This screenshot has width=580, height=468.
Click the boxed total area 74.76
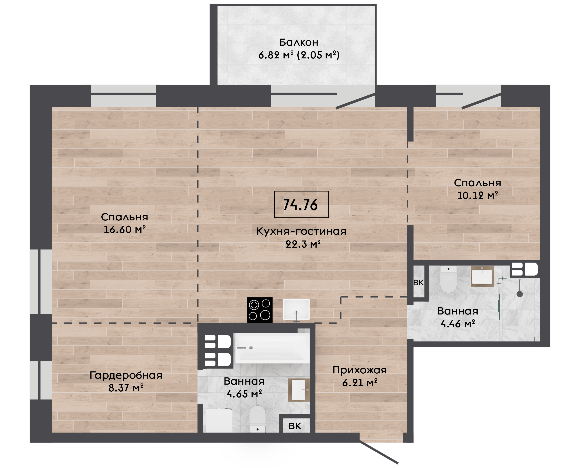coord(301,204)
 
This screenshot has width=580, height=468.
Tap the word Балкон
coord(299,42)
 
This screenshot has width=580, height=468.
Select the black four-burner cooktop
coord(260,310)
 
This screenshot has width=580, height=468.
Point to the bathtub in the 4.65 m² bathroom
coord(272,348)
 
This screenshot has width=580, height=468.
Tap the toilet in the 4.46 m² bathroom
coord(448,279)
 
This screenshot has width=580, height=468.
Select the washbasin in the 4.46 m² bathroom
coord(482,276)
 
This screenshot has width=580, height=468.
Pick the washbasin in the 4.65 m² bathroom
coord(299,390)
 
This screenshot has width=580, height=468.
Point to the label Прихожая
coord(360,370)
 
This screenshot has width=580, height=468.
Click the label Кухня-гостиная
coord(301,231)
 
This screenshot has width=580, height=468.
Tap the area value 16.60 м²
coord(125,229)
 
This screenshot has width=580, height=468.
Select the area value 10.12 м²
coord(477,195)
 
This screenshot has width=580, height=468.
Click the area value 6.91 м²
coord(360,383)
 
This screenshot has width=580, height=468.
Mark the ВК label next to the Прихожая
coord(295,426)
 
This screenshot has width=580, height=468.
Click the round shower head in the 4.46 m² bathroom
coord(520,294)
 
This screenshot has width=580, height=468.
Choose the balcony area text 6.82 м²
coord(276,55)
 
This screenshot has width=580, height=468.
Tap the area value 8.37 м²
coord(126,388)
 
